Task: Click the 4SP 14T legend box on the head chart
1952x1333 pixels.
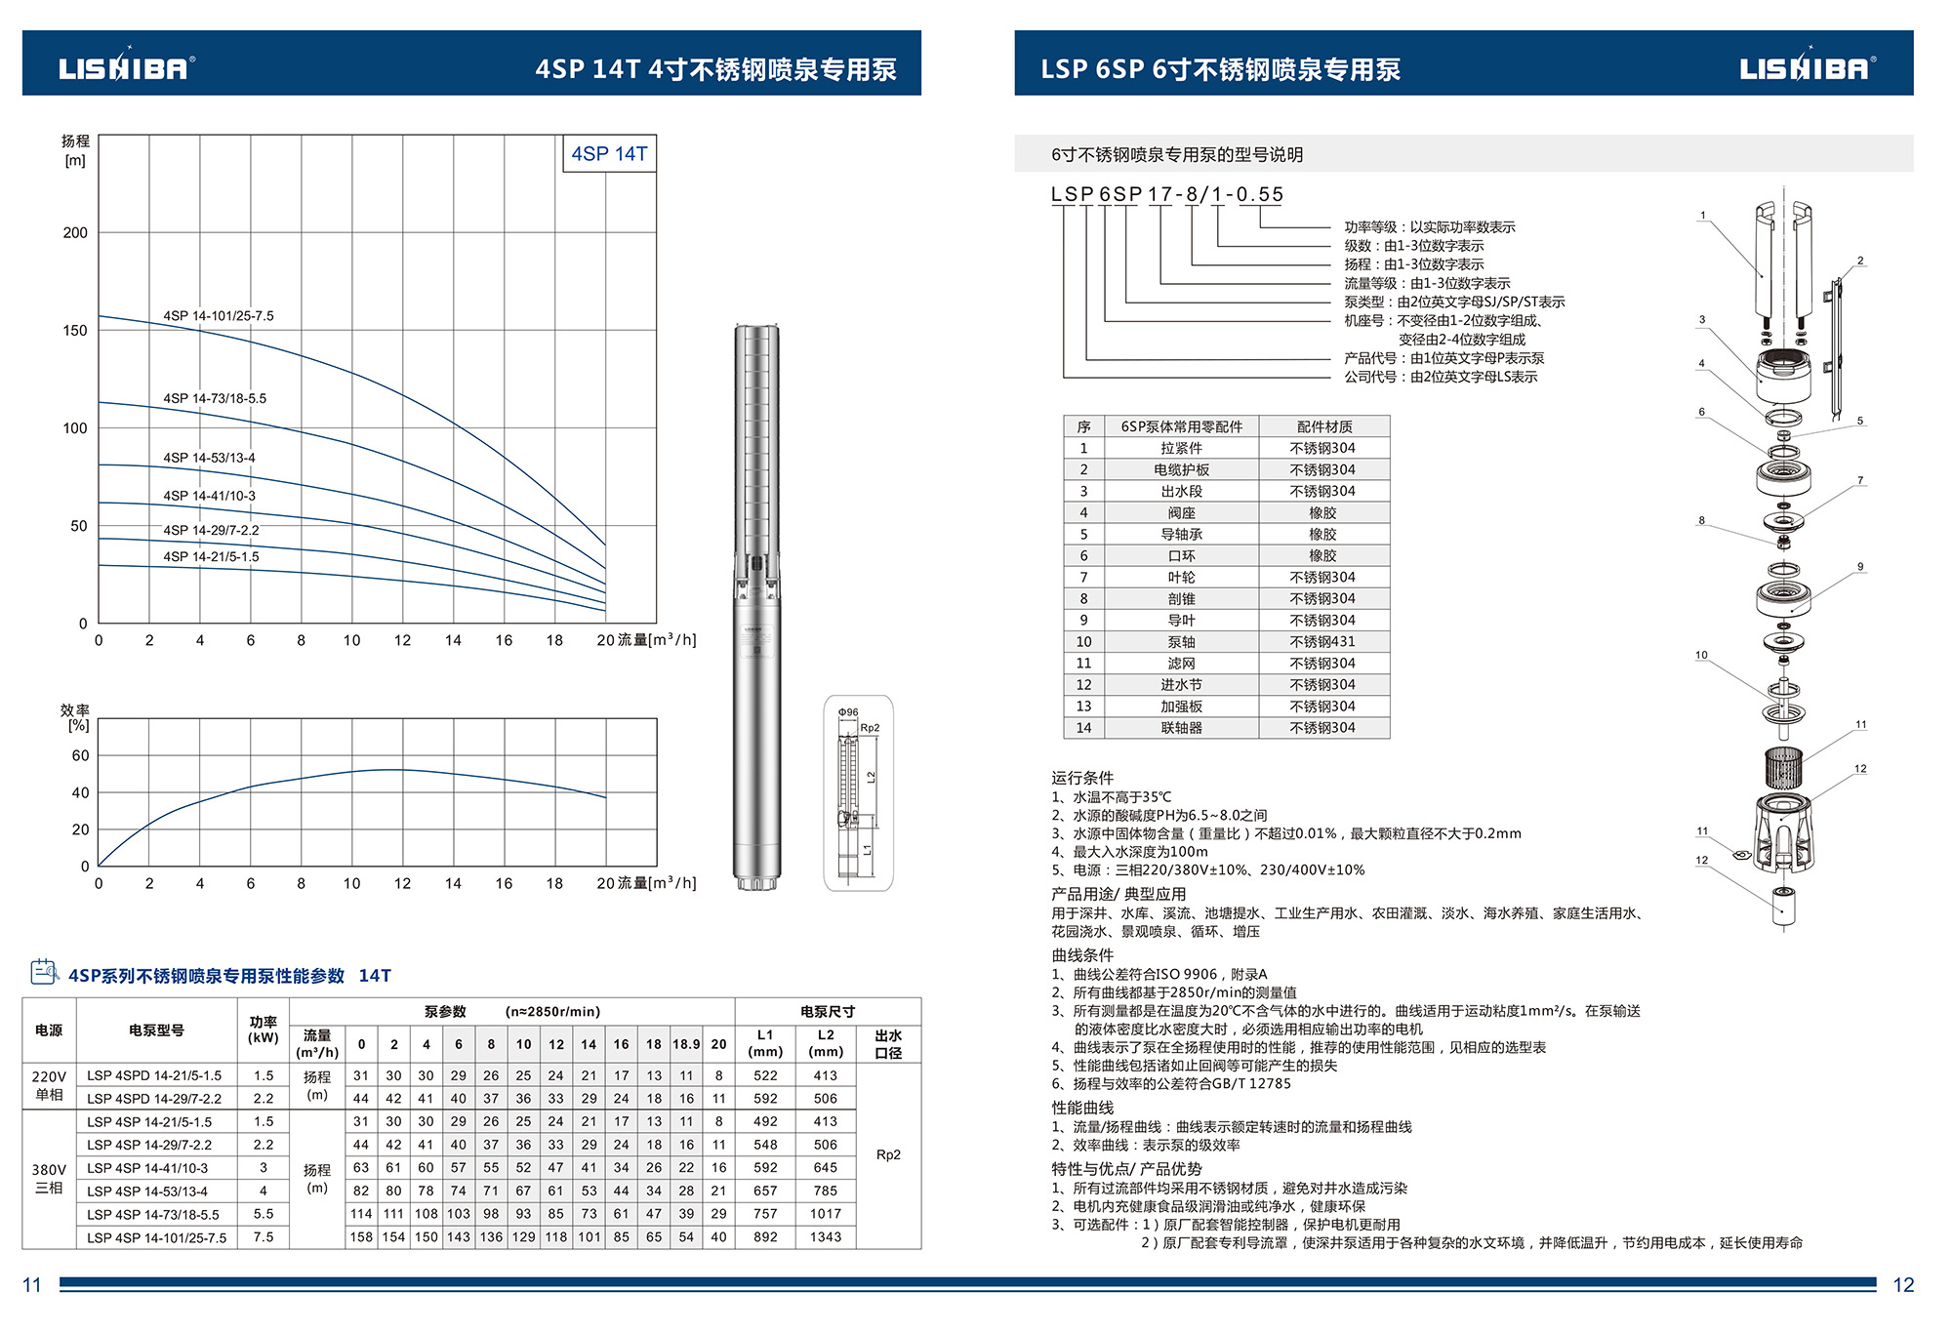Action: (609, 154)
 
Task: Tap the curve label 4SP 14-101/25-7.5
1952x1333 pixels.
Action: (219, 316)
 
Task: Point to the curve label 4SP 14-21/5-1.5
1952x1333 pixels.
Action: (211, 557)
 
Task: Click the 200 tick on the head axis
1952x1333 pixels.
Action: (75, 233)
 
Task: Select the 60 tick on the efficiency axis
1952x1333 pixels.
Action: (80, 756)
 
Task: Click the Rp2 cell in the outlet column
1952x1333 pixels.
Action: (888, 1155)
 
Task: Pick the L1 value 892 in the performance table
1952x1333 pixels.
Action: (765, 1237)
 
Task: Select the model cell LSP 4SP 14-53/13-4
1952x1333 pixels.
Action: (147, 1192)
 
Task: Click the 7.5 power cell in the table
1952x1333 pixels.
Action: (264, 1237)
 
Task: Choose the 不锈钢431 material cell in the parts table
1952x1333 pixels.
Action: (1322, 642)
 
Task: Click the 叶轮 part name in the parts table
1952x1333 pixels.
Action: (1181, 578)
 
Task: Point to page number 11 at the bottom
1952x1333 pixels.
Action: (32, 1285)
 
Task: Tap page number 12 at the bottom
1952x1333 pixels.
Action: (1903, 1285)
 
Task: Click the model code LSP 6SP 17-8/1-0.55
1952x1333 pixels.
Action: (1166, 195)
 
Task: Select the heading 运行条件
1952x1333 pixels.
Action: (1081, 778)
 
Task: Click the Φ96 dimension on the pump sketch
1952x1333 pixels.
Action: (848, 712)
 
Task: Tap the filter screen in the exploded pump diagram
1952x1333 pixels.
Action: (1783, 767)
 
